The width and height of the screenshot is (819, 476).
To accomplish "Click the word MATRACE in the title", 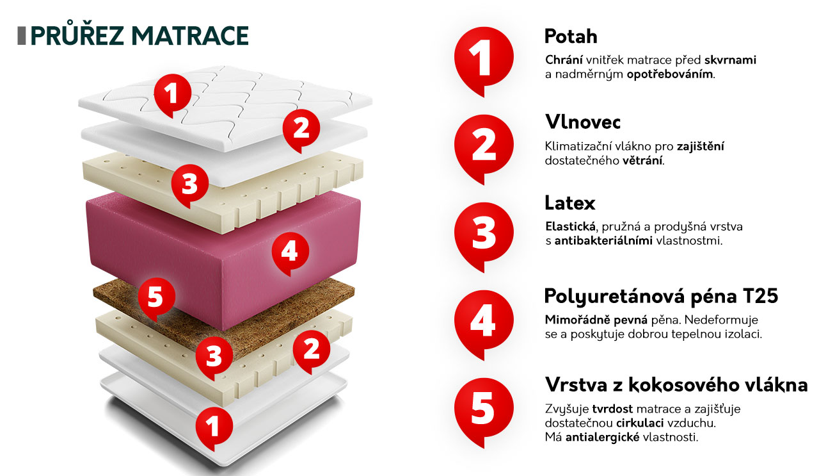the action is (x=190, y=36).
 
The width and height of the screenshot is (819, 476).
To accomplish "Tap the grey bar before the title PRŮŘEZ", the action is (x=22, y=36).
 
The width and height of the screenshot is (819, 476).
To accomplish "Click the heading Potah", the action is (x=571, y=37).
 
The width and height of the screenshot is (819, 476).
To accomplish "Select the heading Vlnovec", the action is (x=583, y=122).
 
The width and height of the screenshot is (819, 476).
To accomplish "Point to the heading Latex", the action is (x=570, y=203).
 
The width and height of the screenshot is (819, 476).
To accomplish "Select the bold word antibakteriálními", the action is (x=603, y=241).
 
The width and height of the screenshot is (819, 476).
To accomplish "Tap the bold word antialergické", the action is (x=603, y=438).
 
